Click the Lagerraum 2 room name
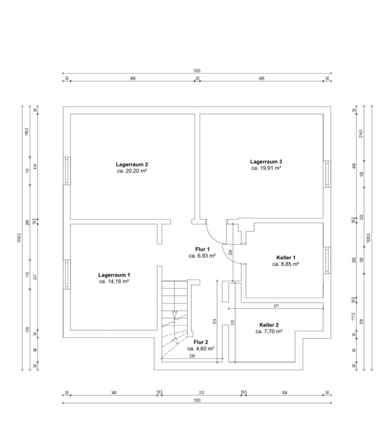click(x=132, y=164)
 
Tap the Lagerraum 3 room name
click(x=266, y=162)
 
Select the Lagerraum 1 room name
click(x=114, y=275)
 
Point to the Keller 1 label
click(x=286, y=258)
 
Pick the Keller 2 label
click(x=269, y=325)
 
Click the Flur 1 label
click(x=202, y=249)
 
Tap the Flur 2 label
click(x=201, y=342)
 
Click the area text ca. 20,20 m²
click(x=132, y=171)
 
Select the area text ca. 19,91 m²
click(x=266, y=168)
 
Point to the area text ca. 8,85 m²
click(x=286, y=264)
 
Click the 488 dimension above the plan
click(x=132, y=78)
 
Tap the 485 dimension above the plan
click(x=261, y=78)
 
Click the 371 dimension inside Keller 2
click(x=276, y=306)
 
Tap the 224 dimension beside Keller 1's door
click(x=231, y=252)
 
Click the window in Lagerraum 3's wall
click(x=327, y=174)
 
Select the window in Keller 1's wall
click(x=327, y=260)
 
